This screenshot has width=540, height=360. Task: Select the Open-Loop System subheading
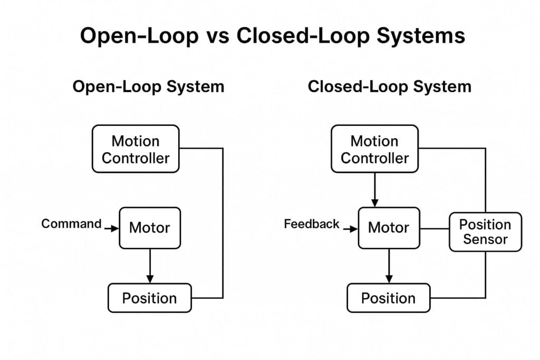tap(148, 86)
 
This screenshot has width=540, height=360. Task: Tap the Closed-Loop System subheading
tap(389, 86)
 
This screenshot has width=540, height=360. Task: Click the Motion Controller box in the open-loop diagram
tap(136, 149)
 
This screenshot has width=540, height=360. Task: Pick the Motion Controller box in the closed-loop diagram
tap(374, 149)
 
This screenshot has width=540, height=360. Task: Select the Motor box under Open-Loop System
tap(150, 228)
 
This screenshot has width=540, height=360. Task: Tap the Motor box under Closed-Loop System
tap(389, 228)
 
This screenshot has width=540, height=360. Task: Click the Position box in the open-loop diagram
tap(149, 298)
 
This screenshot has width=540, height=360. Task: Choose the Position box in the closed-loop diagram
tap(388, 298)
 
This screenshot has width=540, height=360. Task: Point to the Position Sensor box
tap(485, 232)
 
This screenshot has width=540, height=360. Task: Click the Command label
tap(71, 223)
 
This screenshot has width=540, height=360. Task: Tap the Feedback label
tap(312, 224)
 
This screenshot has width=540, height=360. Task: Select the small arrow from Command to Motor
tap(112, 229)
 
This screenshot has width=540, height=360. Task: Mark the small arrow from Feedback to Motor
tap(350, 229)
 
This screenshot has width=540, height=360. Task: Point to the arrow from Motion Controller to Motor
tap(374, 190)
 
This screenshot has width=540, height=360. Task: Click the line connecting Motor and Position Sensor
tap(434, 229)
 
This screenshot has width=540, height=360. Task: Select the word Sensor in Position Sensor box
tap(485, 239)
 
